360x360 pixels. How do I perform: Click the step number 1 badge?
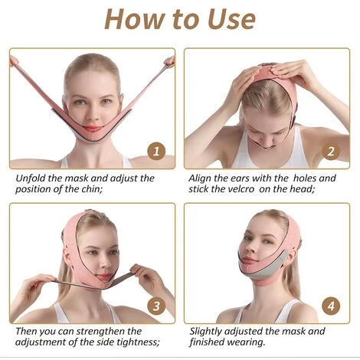click(156, 151)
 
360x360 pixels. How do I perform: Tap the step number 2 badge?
click(331, 151)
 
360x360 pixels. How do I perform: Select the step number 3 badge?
click(156, 306)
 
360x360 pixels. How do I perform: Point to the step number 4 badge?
click(331, 306)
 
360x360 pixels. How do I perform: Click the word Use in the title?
click(231, 19)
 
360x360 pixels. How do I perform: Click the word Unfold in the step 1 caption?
click(31, 178)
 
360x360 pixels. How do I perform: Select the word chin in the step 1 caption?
click(92, 189)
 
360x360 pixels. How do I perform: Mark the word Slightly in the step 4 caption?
click(205, 332)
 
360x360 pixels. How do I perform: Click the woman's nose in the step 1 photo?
click(93, 114)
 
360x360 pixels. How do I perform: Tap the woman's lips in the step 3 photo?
click(103, 277)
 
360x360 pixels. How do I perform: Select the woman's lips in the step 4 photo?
click(248, 261)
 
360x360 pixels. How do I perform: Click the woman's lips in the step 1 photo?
click(93, 129)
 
